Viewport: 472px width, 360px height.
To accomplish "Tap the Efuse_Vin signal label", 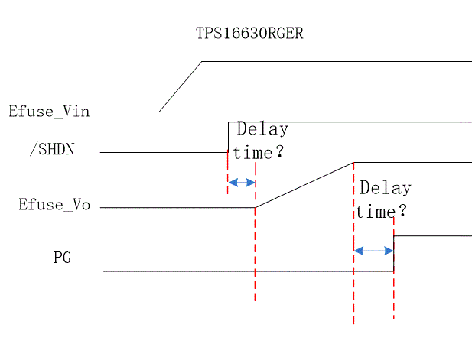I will (49, 112).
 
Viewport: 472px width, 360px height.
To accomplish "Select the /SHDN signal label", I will (52, 149).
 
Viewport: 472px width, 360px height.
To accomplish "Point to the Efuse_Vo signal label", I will (49, 205).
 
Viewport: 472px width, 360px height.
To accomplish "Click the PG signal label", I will (63, 258).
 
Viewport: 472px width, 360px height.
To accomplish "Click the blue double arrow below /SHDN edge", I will (242, 183).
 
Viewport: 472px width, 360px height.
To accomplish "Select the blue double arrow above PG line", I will (373, 250).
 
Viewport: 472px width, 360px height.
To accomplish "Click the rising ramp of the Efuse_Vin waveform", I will (181, 86).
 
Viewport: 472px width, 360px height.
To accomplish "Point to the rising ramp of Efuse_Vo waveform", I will (304, 185).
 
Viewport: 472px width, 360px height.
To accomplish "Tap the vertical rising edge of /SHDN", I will (228, 136).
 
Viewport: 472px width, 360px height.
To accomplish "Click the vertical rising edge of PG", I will (394, 253).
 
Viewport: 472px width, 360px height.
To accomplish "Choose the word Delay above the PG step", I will (385, 188).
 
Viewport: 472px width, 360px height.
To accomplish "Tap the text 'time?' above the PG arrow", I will (380, 211).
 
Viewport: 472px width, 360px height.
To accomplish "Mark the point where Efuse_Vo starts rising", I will (255, 207).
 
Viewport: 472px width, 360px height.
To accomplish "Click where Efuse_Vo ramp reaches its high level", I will (353, 162).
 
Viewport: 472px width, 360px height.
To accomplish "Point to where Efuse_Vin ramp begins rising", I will (159, 112).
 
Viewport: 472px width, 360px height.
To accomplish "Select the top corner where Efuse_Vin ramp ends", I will (202, 61).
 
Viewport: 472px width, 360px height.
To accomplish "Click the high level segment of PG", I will (432, 236).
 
